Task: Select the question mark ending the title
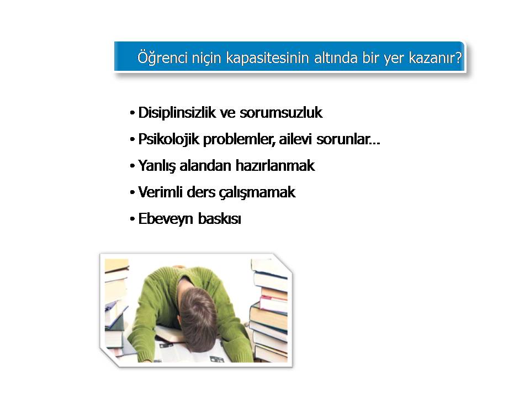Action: coord(458,57)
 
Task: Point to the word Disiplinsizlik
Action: coord(177,112)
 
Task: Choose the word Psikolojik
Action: coord(169,139)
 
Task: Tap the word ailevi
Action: coord(295,139)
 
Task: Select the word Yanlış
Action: coord(157,166)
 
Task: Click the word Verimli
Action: coord(160,192)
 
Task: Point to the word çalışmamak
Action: coord(257,192)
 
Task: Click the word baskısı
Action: coord(220,219)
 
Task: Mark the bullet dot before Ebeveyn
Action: coord(132,219)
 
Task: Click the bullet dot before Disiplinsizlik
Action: coord(132,113)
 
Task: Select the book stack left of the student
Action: coord(115,307)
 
